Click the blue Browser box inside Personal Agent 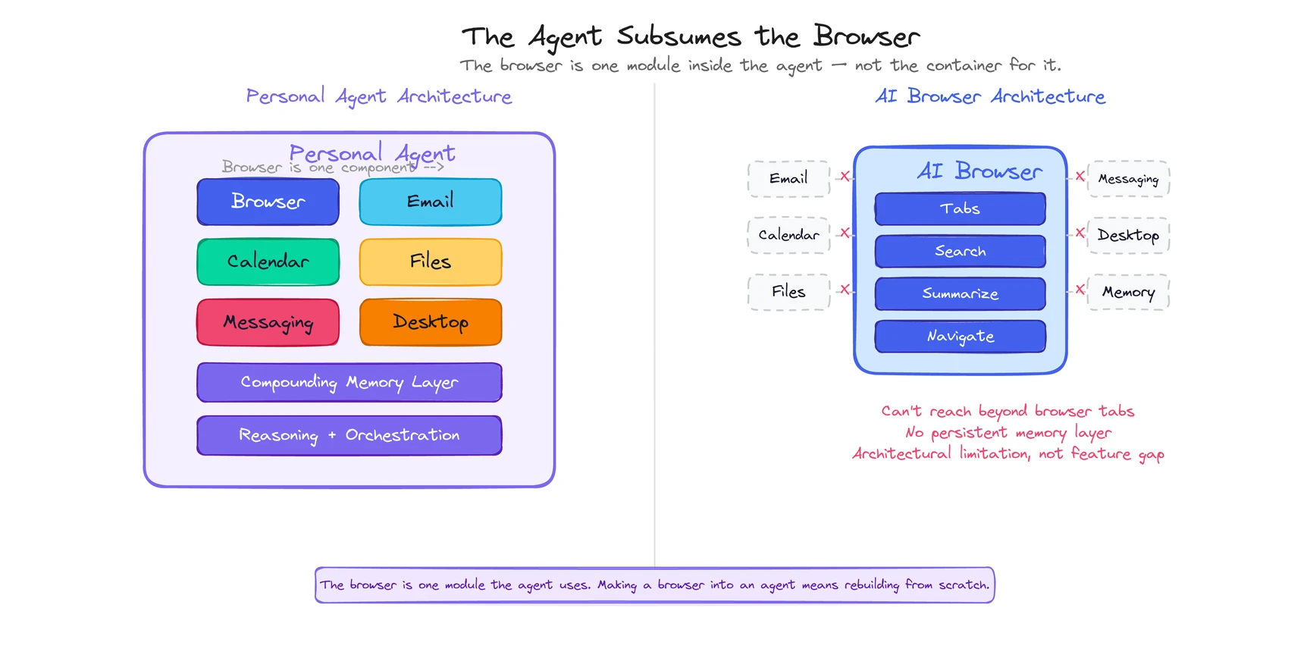268,202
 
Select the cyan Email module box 430,202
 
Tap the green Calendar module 268,262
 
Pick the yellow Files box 430,262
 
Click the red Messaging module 268,322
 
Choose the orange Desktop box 430,322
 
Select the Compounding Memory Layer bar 349,382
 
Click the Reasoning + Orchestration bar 349,435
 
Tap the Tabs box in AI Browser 960,208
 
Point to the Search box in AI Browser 960,251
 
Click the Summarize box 960,293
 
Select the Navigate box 960,336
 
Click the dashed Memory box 1128,292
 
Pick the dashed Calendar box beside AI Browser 788,235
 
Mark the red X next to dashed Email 845,176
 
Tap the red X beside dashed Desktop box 1080,233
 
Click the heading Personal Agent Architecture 378,96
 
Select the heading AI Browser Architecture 989,96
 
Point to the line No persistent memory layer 1008,433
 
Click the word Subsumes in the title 679,36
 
